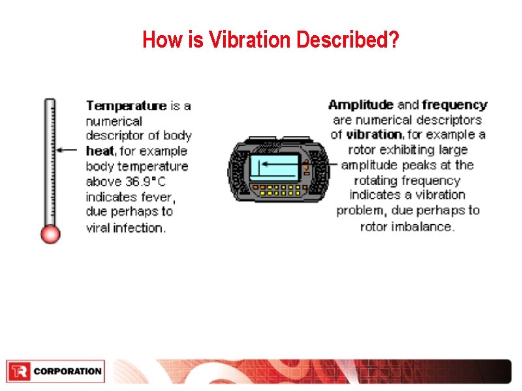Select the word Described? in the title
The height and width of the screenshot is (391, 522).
(348, 40)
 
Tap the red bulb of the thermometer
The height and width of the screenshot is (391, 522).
(50, 234)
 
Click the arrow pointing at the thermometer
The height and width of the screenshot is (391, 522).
(67, 150)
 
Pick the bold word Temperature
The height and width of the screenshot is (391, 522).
(127, 106)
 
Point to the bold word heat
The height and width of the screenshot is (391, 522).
(100, 151)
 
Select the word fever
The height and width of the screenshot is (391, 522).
(156, 197)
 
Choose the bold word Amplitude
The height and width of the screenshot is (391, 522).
(360, 105)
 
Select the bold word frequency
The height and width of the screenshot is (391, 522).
(455, 105)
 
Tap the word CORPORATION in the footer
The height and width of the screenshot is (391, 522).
(67, 371)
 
